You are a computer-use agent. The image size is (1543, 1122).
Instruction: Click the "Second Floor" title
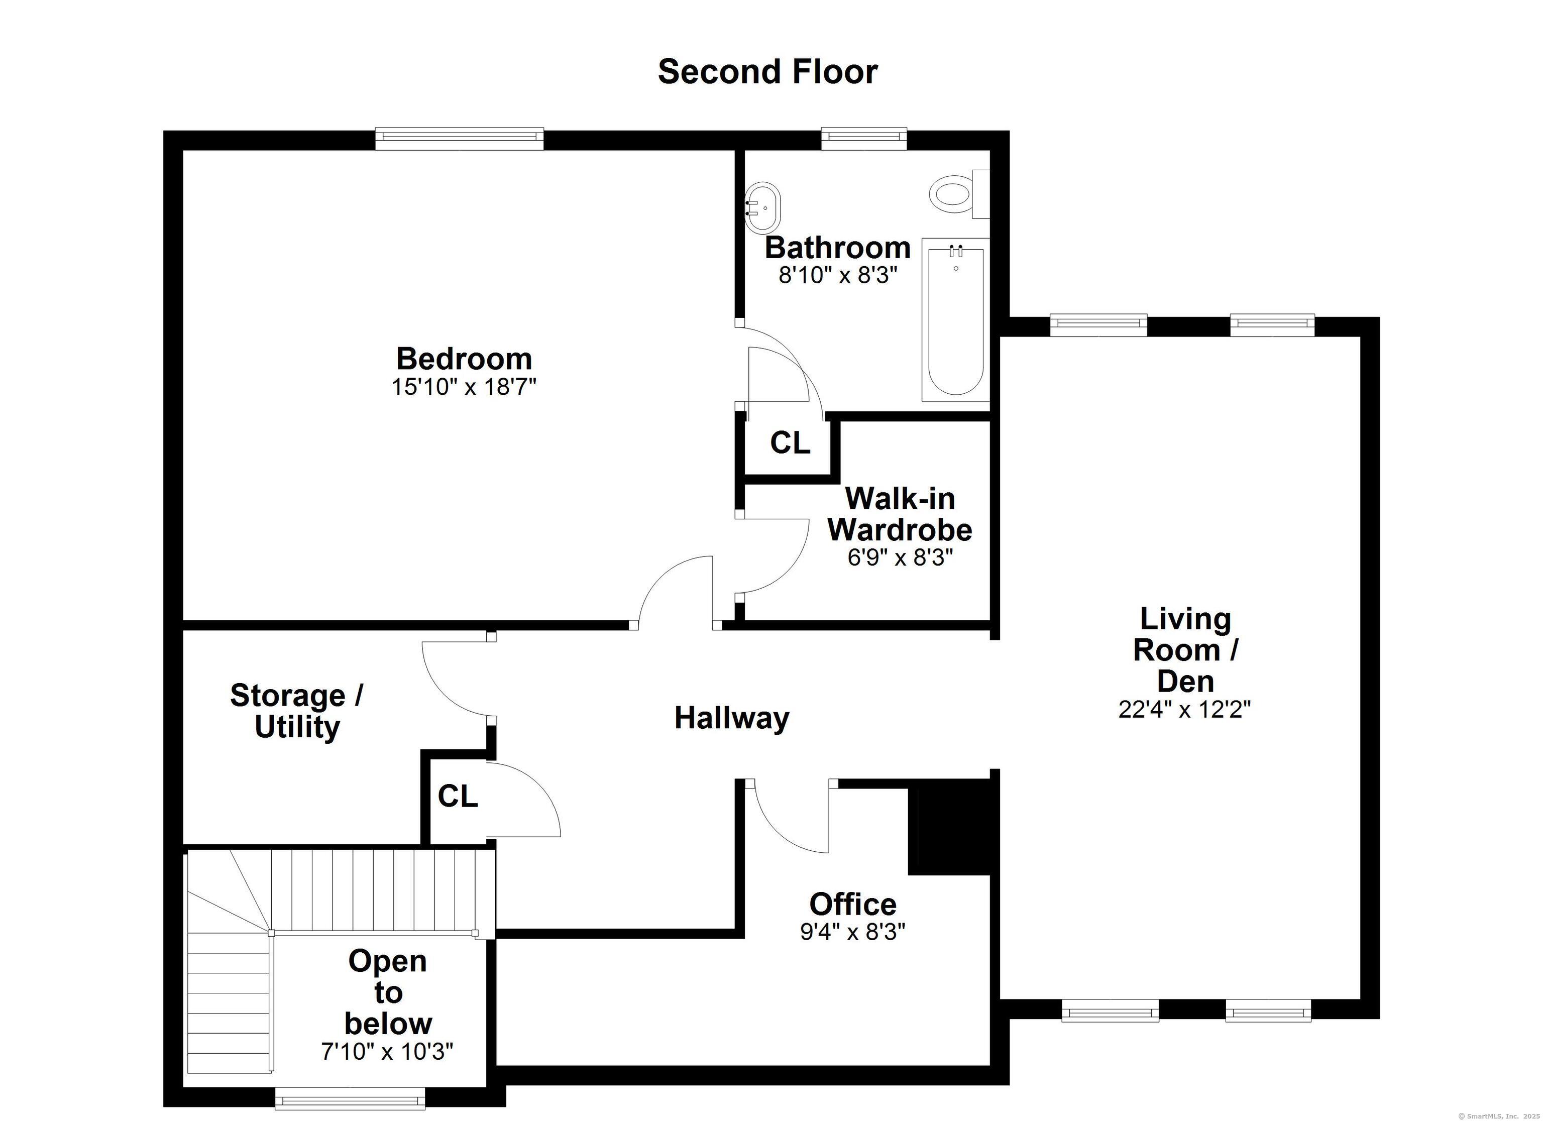tap(767, 71)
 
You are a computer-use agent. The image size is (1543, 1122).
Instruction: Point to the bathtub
tap(956, 320)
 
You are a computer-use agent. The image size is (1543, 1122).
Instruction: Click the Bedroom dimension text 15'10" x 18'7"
tap(464, 387)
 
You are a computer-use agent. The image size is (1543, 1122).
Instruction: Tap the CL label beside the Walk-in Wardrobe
tap(790, 443)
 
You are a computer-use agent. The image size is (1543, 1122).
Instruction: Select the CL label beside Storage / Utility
tap(458, 796)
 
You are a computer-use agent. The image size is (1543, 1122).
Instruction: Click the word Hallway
tap(732, 718)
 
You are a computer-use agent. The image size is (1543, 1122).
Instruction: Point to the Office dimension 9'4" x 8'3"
tap(852, 932)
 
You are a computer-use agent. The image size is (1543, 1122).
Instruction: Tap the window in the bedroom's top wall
tap(460, 138)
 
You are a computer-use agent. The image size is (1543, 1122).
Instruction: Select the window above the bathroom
tap(864, 138)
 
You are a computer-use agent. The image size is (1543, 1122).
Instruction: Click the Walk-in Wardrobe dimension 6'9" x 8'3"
tap(900, 558)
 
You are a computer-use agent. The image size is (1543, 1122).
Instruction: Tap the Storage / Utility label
tap(297, 711)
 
